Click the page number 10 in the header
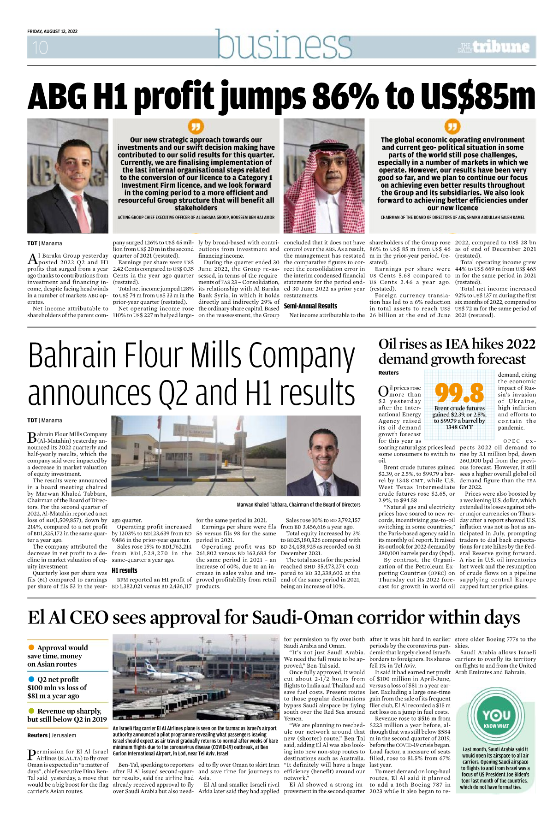tap(40, 47)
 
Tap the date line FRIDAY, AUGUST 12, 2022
tap(52, 31)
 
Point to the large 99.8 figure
tap(459, 392)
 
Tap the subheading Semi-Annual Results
tap(310, 306)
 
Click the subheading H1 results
tap(125, 570)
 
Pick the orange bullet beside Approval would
tap(31, 647)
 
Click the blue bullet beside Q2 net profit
tap(31, 679)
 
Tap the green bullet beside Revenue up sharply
tap(31, 711)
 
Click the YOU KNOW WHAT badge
tap(496, 717)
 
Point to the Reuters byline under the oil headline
tap(388, 373)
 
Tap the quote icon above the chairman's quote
tap(452, 126)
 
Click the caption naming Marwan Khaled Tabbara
tap(298, 504)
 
